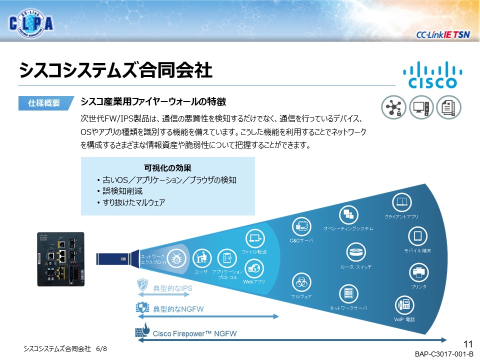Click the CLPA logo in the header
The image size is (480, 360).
[31, 23]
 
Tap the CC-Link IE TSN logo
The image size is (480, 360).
[442, 34]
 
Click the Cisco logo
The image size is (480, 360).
[432, 75]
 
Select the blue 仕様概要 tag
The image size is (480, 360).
[46, 103]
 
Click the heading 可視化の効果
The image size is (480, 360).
[167, 168]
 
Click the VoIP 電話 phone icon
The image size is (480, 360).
[404, 304]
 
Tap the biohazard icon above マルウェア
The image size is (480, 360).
[301, 282]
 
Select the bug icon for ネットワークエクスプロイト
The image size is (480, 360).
[176, 259]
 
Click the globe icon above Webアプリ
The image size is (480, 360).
[254, 268]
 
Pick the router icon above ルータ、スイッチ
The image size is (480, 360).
[356, 252]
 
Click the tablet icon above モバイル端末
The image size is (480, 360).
[417, 236]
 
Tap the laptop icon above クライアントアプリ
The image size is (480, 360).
[401, 202]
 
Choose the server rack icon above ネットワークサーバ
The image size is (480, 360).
[348, 293]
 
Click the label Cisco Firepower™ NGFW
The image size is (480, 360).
[194, 333]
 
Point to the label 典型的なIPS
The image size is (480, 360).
[172, 288]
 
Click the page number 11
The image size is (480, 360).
[468, 344]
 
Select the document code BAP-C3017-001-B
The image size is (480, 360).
[444, 354]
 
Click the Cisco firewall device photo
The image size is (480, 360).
[60, 259]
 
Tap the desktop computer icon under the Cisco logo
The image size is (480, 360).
[421, 107]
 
